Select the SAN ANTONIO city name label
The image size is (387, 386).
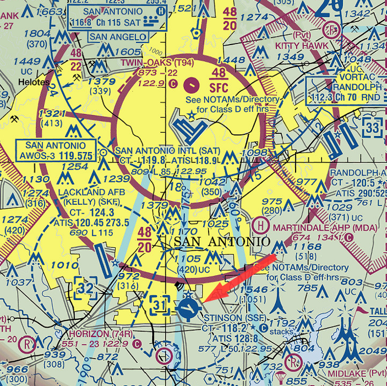pos(222,242)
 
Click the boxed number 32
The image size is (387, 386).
pos(86,288)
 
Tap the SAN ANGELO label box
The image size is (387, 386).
pos(118,37)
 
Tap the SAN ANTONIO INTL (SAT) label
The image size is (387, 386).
pos(168,150)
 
